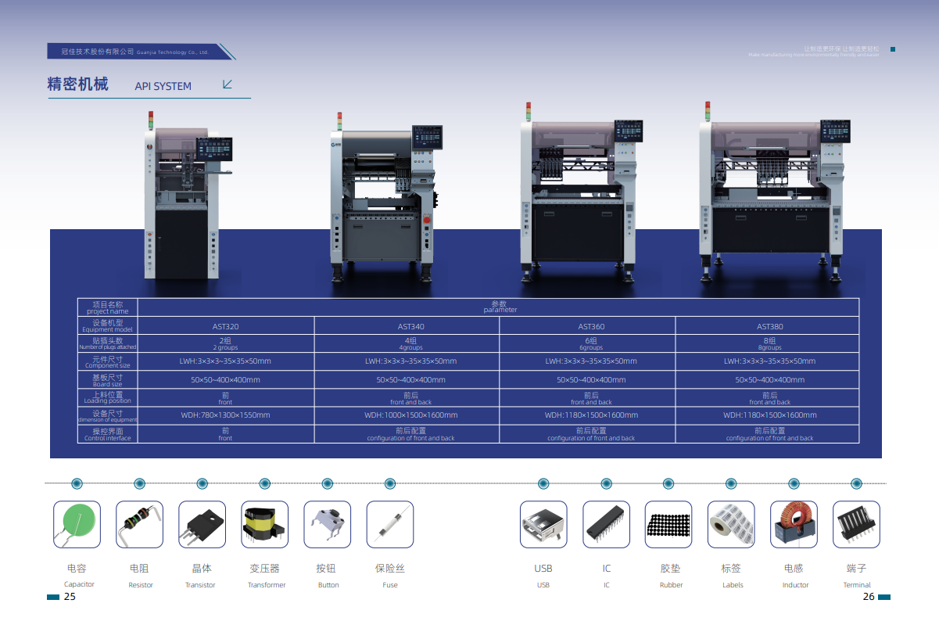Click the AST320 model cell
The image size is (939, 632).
[225, 326]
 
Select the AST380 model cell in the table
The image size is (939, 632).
[769, 326]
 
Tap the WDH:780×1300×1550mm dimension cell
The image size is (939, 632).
[225, 415]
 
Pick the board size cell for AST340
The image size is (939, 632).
[410, 379]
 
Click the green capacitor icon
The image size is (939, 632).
[77, 524]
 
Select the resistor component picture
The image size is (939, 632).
[139, 524]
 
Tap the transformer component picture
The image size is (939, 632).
[264, 524]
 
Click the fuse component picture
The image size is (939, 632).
[389, 524]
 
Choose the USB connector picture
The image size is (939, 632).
[543, 524]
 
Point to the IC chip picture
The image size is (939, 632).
[606, 524]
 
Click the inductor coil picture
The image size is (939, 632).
[794, 524]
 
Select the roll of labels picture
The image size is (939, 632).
[731, 524]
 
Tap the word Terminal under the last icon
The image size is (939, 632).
[857, 585]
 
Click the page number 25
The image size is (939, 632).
[70, 597]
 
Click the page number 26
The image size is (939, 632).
[869, 597]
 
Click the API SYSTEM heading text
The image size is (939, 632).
[163, 86]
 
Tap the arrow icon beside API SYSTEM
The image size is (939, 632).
[228, 84]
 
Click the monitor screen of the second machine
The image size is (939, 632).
[428, 138]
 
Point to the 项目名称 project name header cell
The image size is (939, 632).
[108, 307]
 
